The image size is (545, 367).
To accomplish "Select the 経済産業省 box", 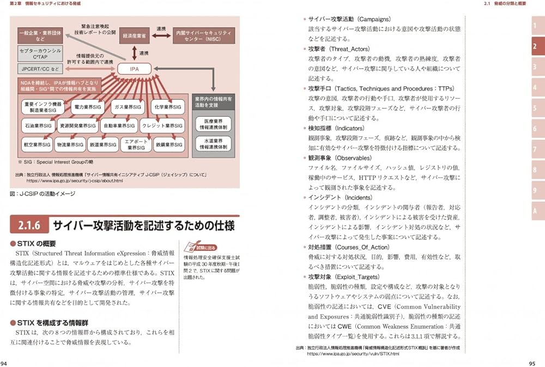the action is point(133,34).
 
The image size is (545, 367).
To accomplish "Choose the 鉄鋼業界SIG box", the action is point(168,145).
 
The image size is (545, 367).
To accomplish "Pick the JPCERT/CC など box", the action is point(40,69).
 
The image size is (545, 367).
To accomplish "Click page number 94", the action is point(4,363).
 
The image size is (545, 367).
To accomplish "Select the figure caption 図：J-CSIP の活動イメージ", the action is point(43,194).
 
